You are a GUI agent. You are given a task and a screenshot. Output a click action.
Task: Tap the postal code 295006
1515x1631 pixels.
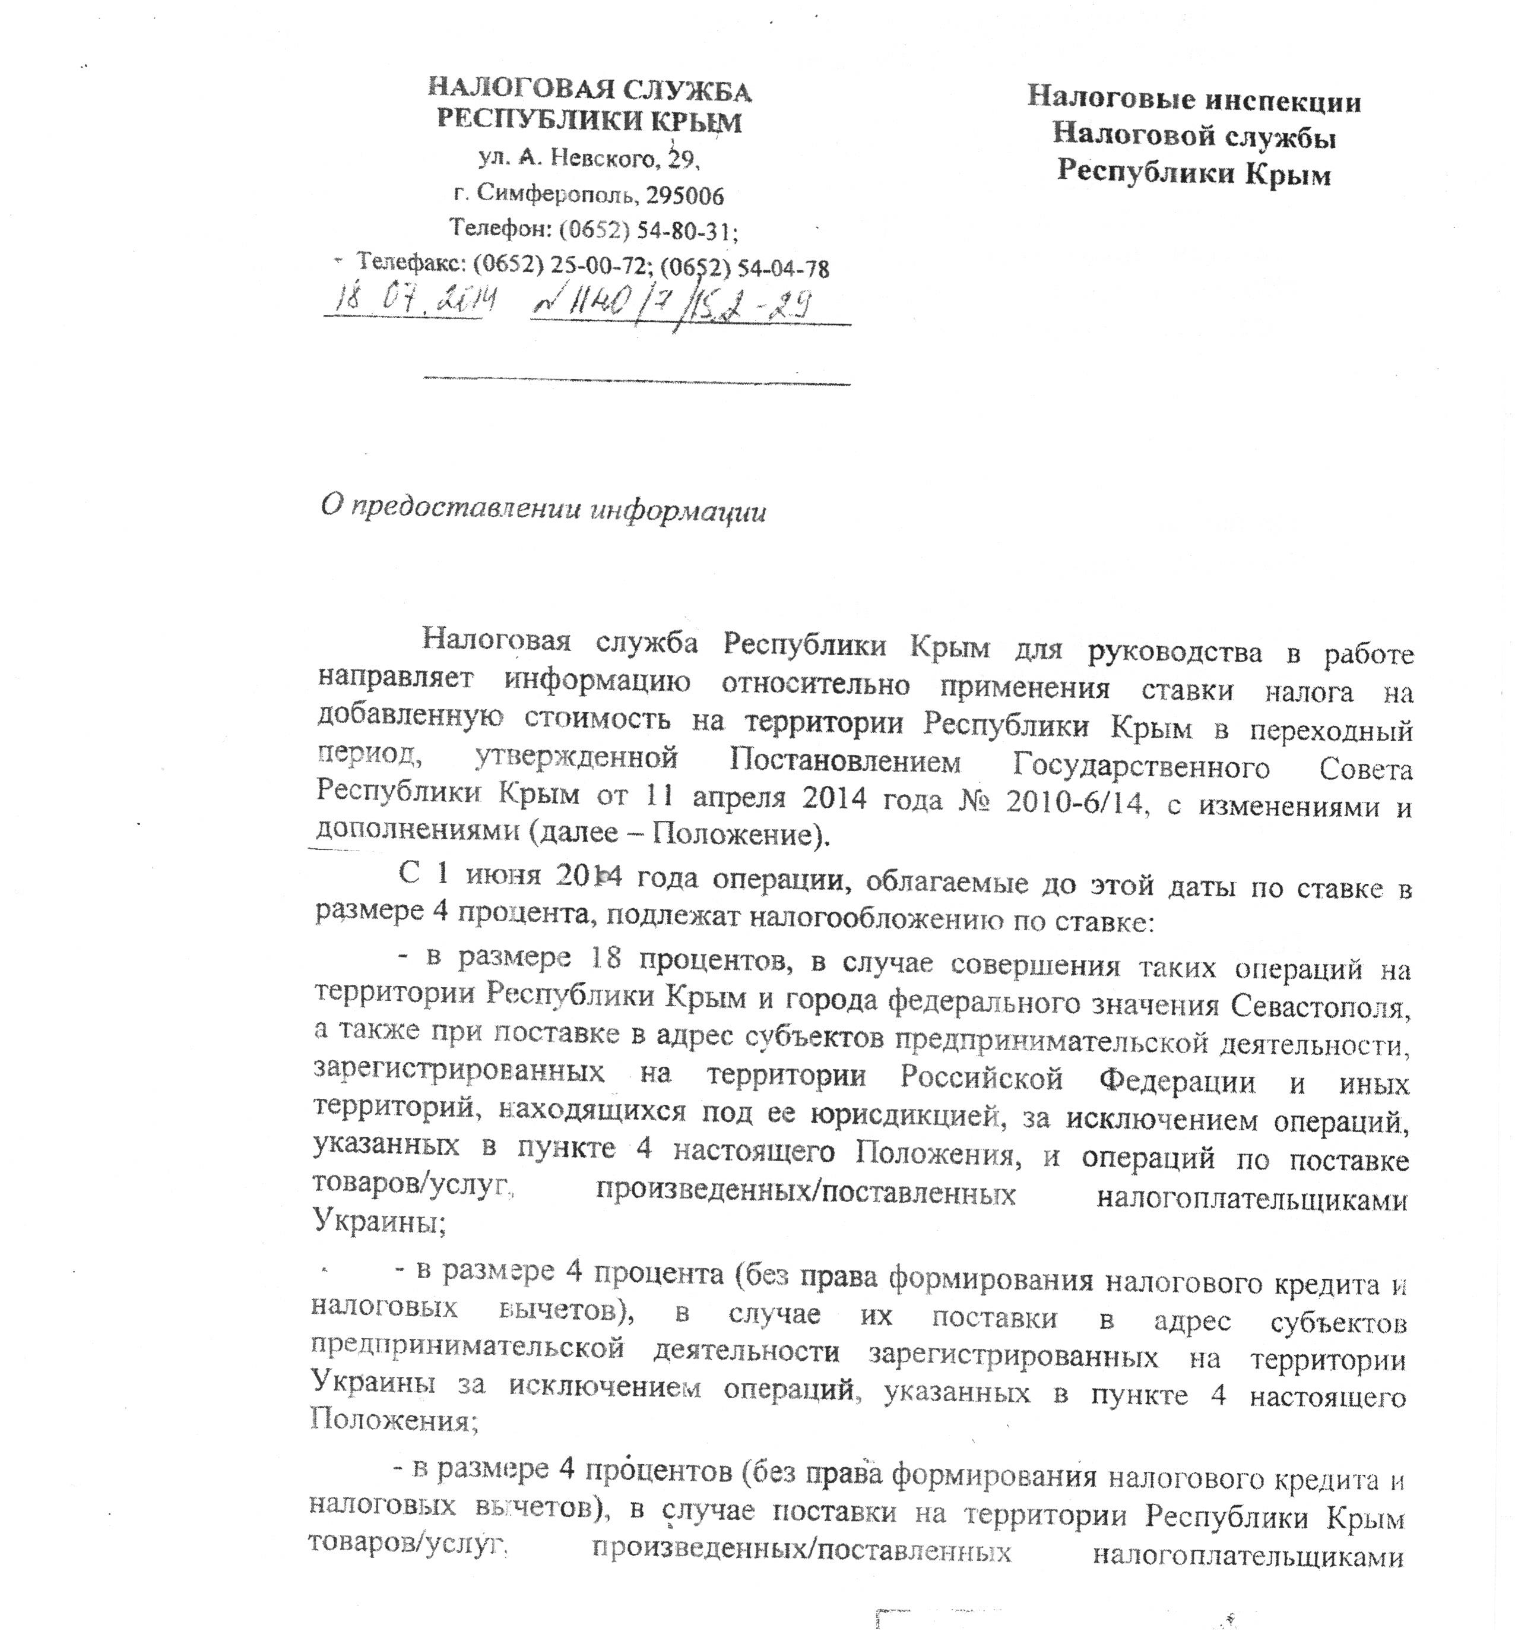click(x=684, y=195)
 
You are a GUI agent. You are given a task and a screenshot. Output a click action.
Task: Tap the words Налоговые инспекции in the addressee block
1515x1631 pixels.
click(x=1194, y=101)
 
